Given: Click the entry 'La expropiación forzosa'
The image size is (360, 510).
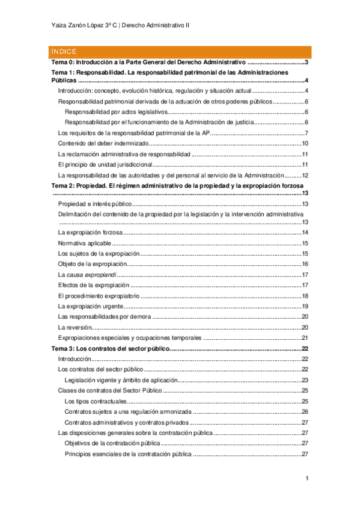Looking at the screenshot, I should pos(90,233).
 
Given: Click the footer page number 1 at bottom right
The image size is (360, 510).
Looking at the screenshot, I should pos(307,478).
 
